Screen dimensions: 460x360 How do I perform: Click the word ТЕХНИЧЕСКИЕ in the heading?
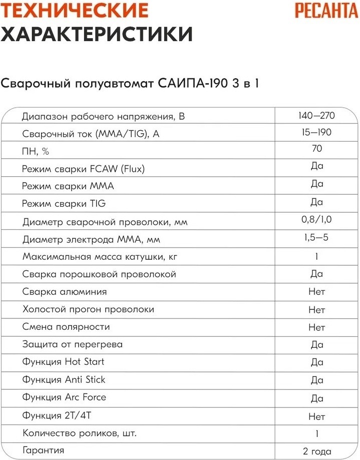[75, 11]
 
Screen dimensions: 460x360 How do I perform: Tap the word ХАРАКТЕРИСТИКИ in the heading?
[97, 35]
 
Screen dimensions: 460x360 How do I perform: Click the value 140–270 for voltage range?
[316, 116]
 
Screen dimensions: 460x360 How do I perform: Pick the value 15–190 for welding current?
[316, 132]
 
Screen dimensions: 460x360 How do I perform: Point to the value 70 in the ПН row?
[316, 149]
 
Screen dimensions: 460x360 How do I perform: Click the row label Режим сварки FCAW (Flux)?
[84, 169]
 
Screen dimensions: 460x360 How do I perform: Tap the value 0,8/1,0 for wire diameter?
[316, 219]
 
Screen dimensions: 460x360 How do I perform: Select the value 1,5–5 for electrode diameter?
[316, 237]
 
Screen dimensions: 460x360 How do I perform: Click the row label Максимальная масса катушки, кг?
[100, 257]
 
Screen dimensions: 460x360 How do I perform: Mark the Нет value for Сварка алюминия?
[316, 292]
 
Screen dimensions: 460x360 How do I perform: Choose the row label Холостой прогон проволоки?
[88, 310]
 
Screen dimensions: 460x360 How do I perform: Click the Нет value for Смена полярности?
[316, 328]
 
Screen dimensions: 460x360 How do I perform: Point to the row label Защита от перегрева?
[73, 344]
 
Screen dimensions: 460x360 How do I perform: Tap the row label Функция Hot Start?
[64, 362]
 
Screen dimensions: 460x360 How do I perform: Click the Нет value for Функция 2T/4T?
[316, 416]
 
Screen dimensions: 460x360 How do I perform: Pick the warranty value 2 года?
[316, 451]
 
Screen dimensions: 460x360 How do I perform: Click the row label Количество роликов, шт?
[79, 433]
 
